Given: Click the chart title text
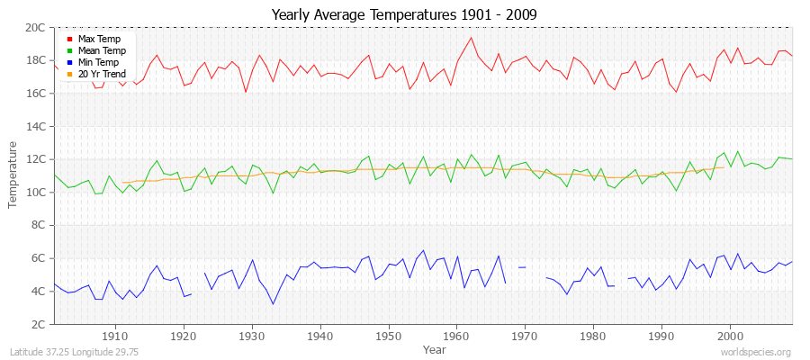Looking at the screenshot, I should click(x=404, y=14).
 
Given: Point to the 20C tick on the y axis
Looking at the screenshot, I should click(x=37, y=28).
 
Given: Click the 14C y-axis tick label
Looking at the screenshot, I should click(x=37, y=127).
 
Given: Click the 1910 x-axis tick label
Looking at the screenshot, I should click(x=115, y=336).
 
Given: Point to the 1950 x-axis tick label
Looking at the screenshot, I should click(x=388, y=336).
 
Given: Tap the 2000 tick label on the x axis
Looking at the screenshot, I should click(x=729, y=336).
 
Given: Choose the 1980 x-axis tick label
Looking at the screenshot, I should click(x=592, y=336).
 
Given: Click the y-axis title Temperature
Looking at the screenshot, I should click(x=13, y=175).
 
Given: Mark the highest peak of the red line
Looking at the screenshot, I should click(x=471, y=37).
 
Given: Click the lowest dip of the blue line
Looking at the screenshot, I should click(x=273, y=303).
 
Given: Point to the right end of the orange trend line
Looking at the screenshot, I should click(x=723, y=167).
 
